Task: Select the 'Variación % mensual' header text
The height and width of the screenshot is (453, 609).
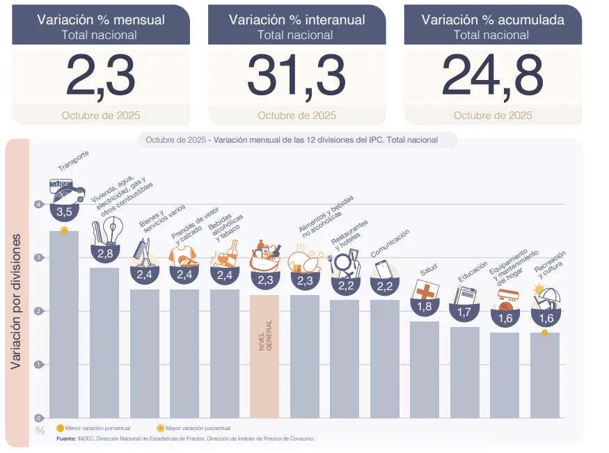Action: (101, 19)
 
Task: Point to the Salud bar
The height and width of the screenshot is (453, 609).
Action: (425, 369)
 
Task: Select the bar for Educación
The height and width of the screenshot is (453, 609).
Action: (464, 372)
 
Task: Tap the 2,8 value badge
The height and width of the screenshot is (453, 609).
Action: (104, 254)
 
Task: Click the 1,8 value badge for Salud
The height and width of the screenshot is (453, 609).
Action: (425, 306)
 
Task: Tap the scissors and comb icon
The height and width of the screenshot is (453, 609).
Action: (144, 253)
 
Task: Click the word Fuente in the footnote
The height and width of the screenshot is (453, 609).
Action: (66, 438)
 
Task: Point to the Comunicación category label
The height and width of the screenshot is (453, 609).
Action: (390, 243)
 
